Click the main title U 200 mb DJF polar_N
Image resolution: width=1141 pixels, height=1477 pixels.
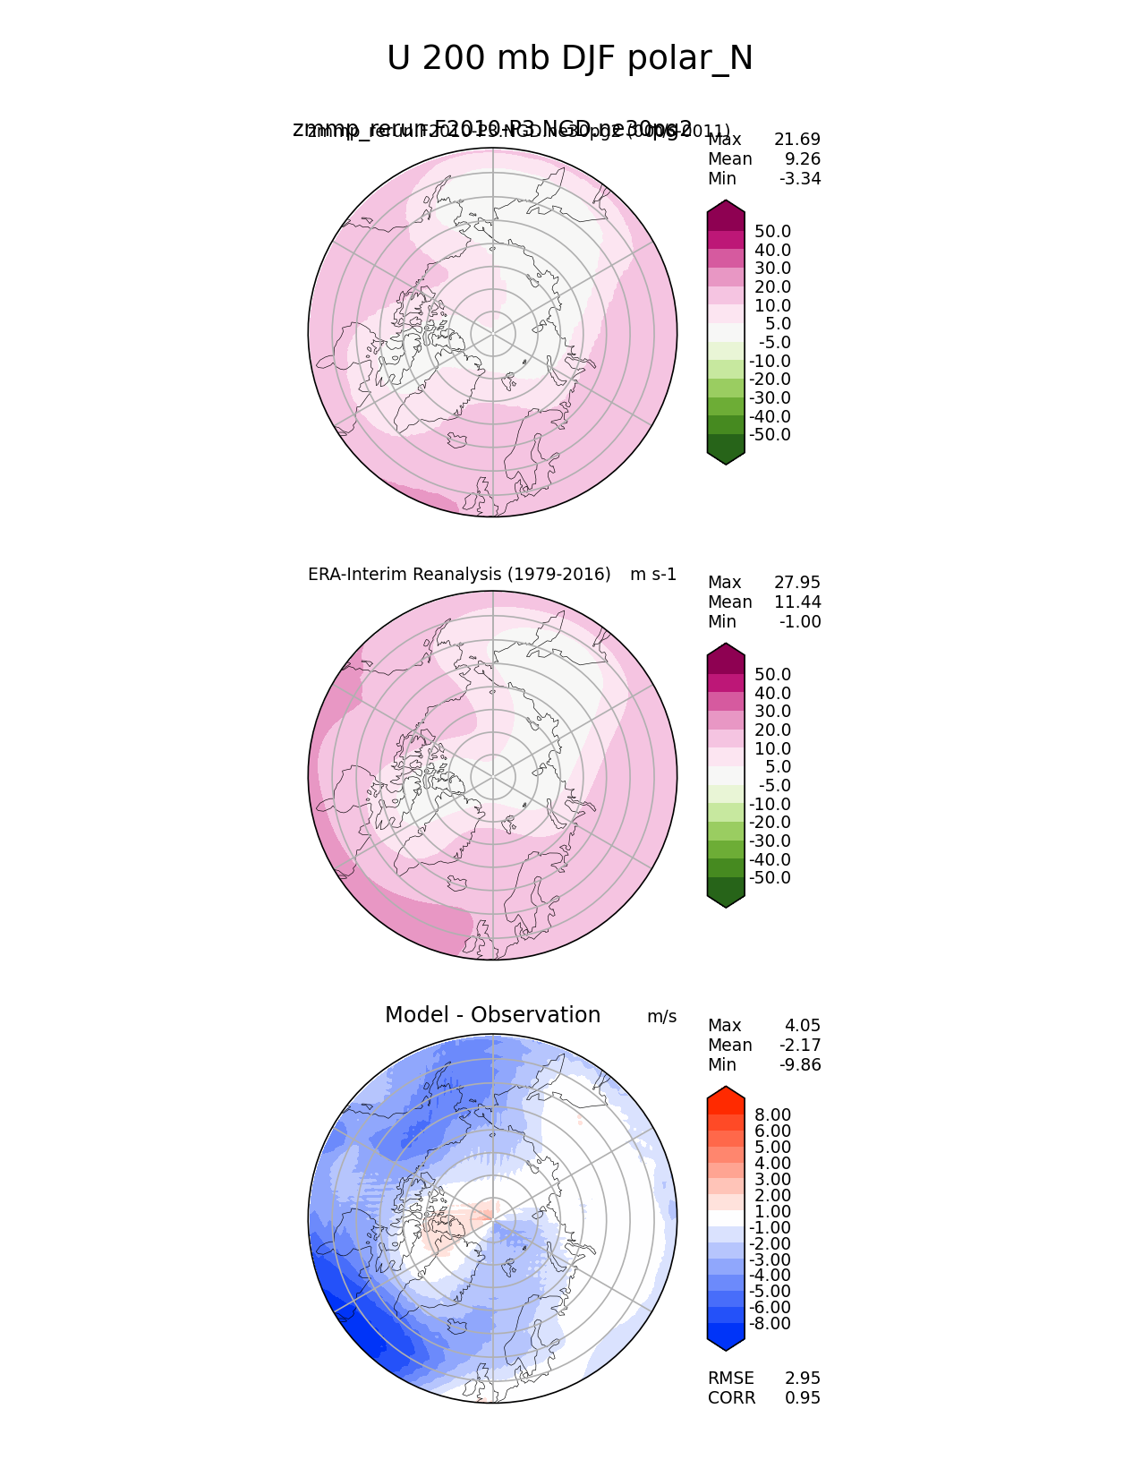(x=570, y=59)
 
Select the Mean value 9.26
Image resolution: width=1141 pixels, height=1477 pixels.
(x=803, y=159)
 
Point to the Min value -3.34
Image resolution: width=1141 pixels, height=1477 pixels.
(x=799, y=179)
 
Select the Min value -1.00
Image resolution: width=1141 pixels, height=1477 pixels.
(x=799, y=622)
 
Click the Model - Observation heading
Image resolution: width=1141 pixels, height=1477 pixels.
(x=492, y=1015)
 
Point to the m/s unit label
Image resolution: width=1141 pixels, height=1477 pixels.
(x=661, y=1017)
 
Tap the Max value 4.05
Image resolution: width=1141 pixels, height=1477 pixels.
(x=802, y=1026)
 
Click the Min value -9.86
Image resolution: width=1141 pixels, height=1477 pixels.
(x=799, y=1065)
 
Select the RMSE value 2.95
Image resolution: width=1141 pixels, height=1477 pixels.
(x=802, y=1379)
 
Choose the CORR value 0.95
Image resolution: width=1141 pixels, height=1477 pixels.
(x=802, y=1398)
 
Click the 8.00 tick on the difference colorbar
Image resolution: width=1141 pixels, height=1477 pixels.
(x=772, y=1114)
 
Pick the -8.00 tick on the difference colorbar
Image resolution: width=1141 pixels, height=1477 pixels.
(x=770, y=1324)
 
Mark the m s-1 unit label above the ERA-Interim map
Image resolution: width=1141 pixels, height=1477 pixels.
(x=653, y=575)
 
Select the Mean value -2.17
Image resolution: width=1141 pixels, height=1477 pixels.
(x=799, y=1046)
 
